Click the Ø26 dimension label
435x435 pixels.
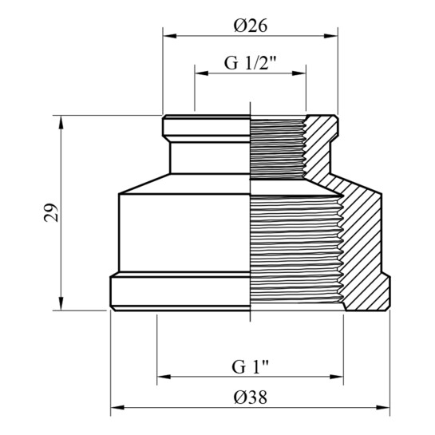pos(251,26)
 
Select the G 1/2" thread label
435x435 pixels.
pos(251,63)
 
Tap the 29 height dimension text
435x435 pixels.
pos(51,213)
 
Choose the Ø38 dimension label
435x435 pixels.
pos(251,397)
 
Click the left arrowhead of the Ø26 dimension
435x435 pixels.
pos(170,36)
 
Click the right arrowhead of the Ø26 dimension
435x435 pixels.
pos(330,36)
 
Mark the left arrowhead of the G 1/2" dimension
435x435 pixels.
pos(202,73)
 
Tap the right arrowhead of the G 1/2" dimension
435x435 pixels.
pos(299,73)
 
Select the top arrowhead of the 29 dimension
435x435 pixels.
pos(61,122)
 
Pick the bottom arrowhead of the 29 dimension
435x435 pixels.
pos(61,303)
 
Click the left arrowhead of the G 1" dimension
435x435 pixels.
pos(164,377)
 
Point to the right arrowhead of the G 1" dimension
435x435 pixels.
pos(337,377)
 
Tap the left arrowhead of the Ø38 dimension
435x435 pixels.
pos(117,408)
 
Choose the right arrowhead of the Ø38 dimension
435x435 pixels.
pos(383,408)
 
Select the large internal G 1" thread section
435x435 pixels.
pos(296,250)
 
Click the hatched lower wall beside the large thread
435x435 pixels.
pos(363,250)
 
